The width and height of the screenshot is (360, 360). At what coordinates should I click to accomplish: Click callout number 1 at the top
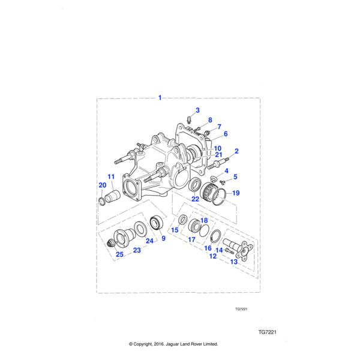pos(160,98)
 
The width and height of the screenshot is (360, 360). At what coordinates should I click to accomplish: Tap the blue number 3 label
pos(197,110)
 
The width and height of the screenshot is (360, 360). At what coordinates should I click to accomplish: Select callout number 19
pos(236,193)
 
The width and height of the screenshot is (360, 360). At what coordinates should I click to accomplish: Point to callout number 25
pos(119,254)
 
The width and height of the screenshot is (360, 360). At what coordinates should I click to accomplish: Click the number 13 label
pos(234,262)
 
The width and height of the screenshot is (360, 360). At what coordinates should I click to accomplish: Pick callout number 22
pos(195,199)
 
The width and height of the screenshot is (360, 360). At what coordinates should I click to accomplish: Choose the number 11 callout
pos(111,176)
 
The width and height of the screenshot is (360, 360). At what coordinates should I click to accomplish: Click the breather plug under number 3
pos(189,120)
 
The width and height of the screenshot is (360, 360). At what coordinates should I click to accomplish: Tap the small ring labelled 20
pos(102,202)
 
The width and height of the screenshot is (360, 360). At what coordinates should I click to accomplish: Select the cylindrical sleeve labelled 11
pos(113,196)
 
